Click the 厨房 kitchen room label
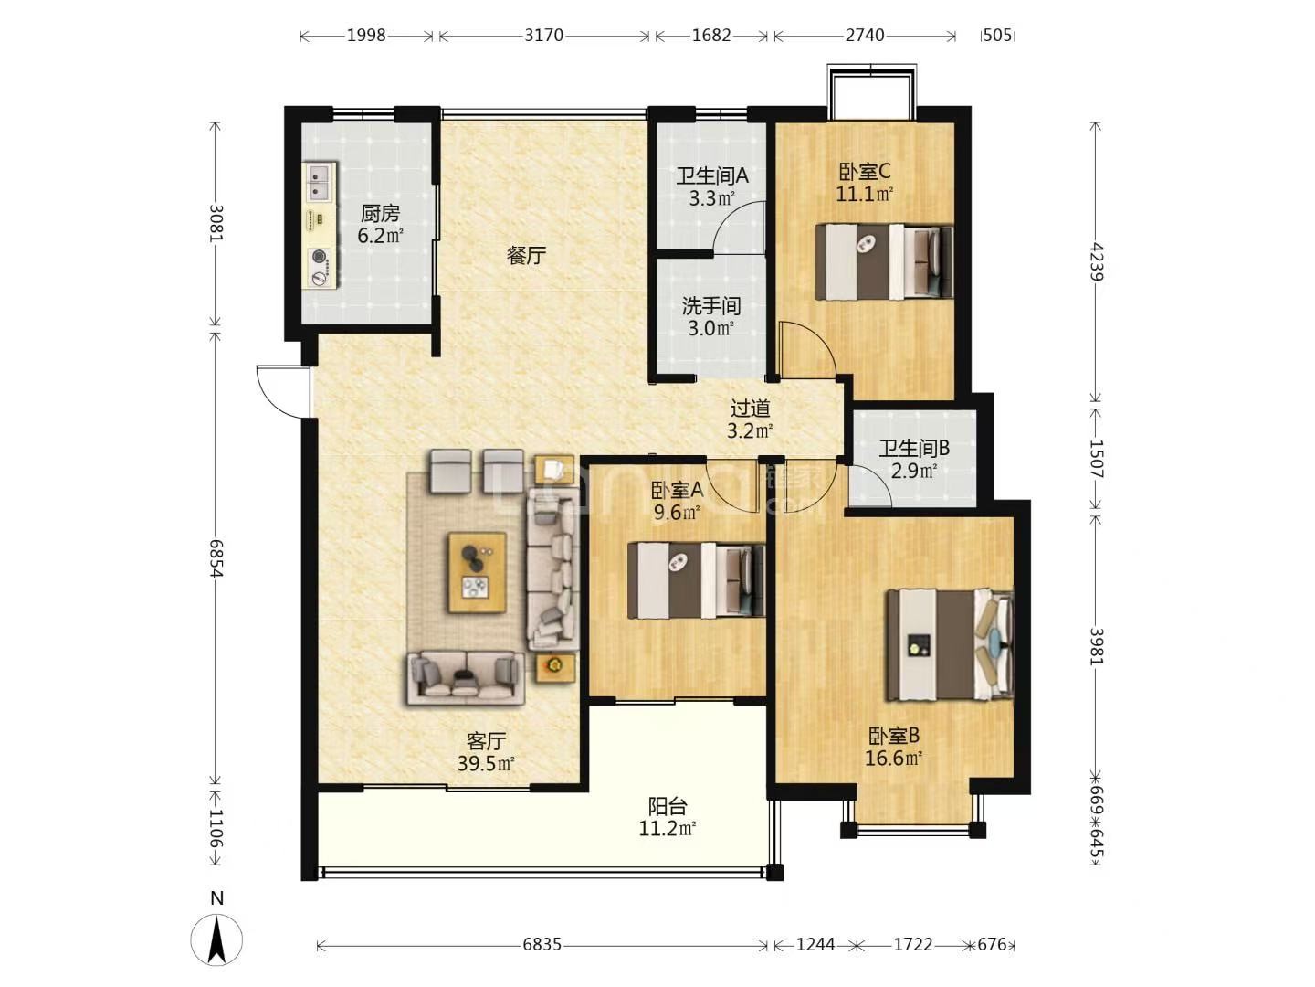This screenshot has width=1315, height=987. [x=380, y=213]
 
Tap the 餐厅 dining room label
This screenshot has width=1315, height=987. [x=526, y=256]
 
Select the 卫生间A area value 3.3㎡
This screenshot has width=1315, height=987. [x=711, y=198]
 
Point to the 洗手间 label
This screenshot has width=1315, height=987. [x=711, y=306]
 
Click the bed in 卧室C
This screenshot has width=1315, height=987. [x=884, y=261]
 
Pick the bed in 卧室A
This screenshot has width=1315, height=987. [x=696, y=580]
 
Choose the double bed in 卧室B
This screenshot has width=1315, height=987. [x=950, y=644]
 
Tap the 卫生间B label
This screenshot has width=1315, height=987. [x=914, y=448]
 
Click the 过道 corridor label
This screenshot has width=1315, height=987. [x=750, y=409]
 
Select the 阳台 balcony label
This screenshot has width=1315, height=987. [x=668, y=807]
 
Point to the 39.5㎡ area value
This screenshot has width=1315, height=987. [x=486, y=764]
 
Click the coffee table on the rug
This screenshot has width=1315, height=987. [x=478, y=572]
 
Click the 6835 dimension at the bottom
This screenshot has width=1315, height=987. [x=542, y=944]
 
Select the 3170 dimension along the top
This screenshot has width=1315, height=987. [x=544, y=36]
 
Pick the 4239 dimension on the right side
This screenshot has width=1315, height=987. [x=1097, y=261]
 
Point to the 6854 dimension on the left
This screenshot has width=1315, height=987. [x=216, y=557]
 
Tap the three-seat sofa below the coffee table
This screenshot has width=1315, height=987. [x=466, y=678]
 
